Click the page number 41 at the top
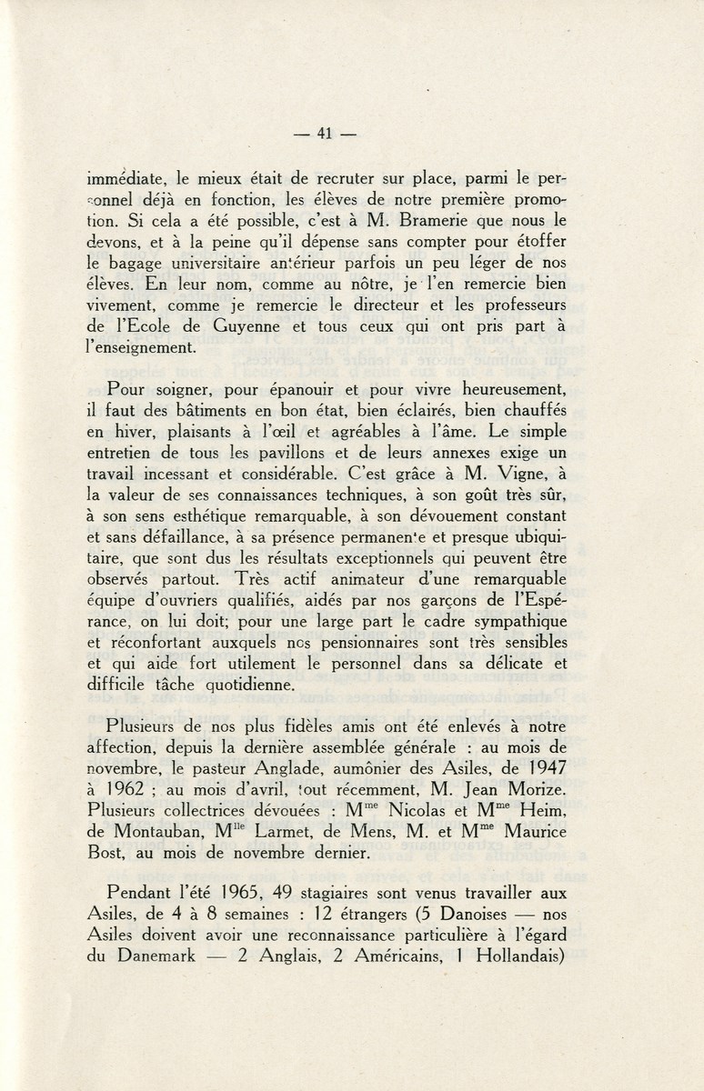[325, 134]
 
